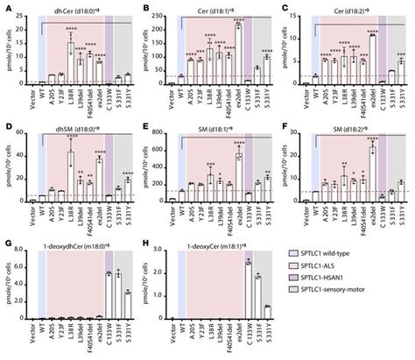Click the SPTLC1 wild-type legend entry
pyautogui.click(x=336, y=267)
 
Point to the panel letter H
pyautogui.click(x=143, y=246)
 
